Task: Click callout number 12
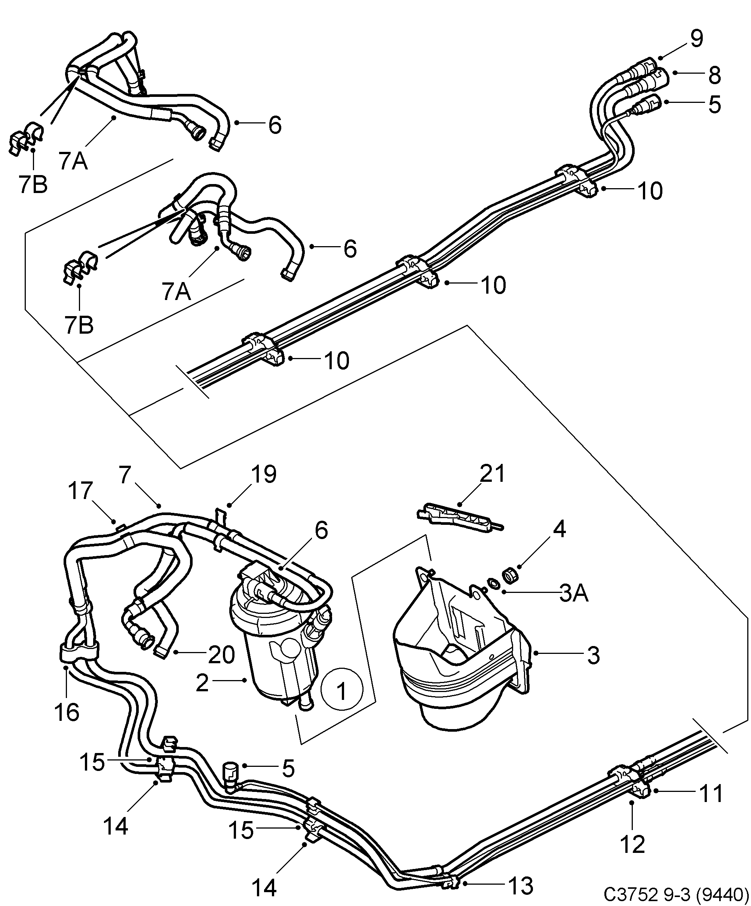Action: [x=632, y=844]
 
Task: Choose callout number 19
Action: [x=264, y=474]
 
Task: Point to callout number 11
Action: [x=711, y=793]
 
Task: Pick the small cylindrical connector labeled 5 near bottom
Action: [x=230, y=775]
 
